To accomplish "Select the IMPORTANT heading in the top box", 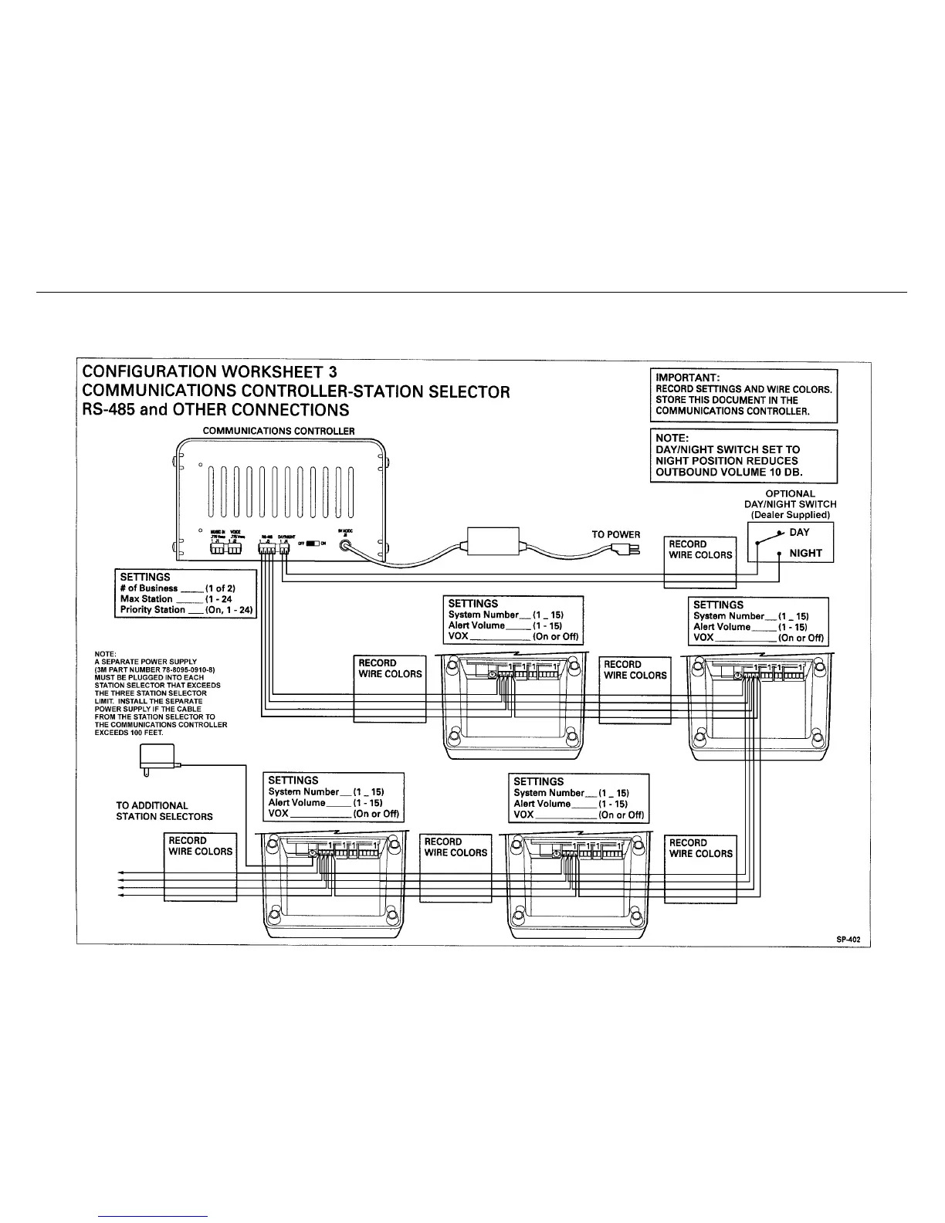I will click(687, 378).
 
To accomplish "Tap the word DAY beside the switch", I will click(799, 533).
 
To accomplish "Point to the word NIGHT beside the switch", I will click(805, 553).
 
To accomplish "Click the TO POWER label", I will click(615, 534).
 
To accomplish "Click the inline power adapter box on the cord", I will click(494, 539).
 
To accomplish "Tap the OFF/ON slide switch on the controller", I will click(312, 543).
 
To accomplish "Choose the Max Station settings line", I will click(176, 598).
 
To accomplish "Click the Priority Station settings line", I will click(186, 609).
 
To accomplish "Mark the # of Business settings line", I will click(182, 588).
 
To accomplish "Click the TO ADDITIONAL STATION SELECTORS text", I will click(164, 811).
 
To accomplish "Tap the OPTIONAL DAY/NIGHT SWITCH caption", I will click(790, 499).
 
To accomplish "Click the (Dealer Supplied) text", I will click(790, 515).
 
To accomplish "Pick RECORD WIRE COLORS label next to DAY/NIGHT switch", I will click(700, 549).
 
